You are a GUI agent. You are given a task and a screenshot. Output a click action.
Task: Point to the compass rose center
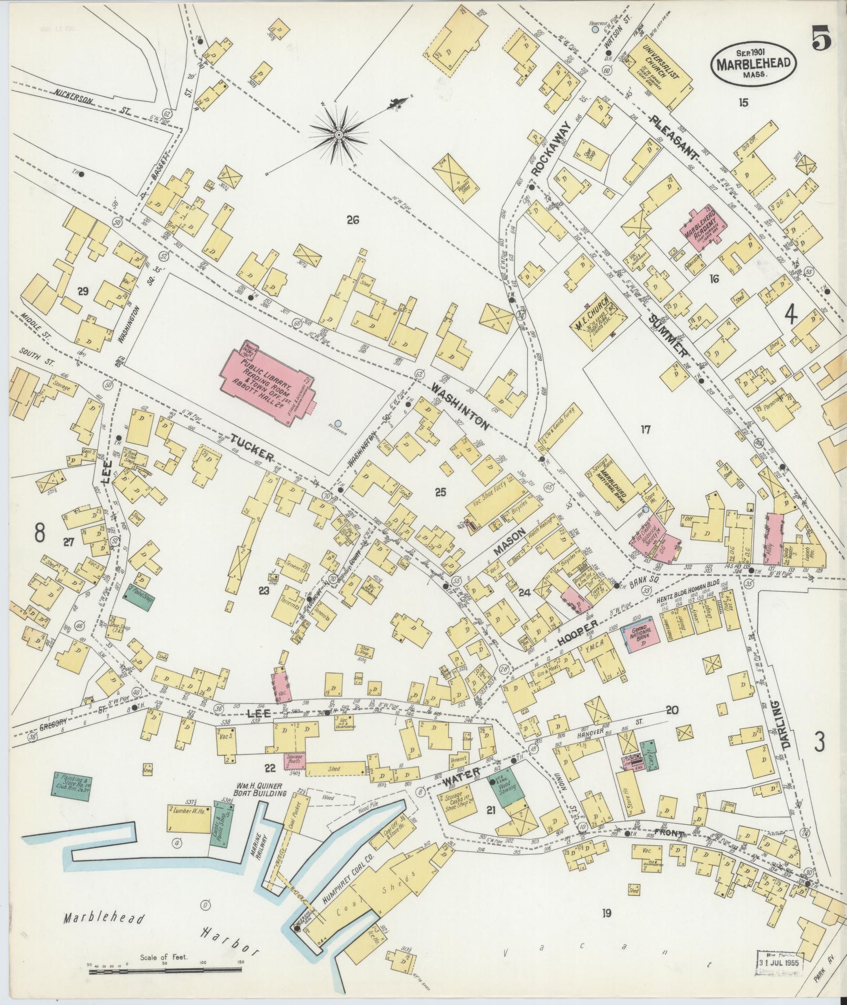click(x=339, y=136)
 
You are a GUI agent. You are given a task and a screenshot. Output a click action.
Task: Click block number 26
click(x=352, y=220)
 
